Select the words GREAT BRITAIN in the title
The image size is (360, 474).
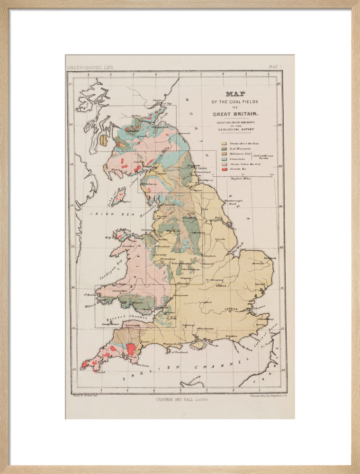[235, 114]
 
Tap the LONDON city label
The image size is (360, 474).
[232, 309]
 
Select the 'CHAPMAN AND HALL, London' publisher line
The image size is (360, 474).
[181, 399]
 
